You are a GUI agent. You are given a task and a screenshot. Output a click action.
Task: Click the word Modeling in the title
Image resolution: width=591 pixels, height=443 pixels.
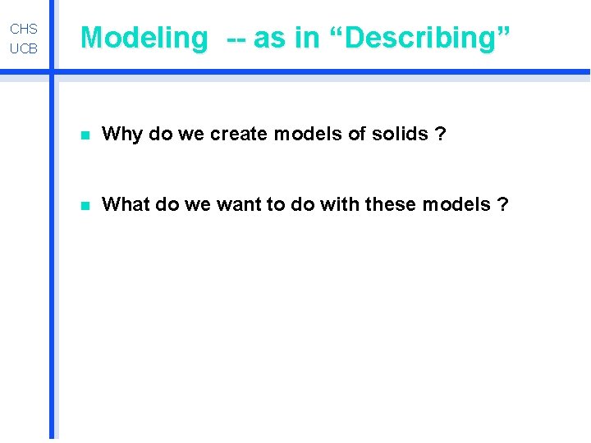pos(144,38)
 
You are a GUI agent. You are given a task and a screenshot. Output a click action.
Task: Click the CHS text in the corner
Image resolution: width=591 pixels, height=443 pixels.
pos(24,29)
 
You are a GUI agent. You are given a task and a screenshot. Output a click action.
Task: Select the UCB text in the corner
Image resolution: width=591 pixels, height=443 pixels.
pos(24,49)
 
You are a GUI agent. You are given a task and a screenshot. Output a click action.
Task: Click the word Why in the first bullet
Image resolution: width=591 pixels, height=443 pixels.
pos(122,134)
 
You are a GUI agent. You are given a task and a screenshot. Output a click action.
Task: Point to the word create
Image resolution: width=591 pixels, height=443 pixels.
pos(238,134)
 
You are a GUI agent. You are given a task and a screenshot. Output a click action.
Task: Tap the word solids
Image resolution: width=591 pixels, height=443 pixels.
pos(399,134)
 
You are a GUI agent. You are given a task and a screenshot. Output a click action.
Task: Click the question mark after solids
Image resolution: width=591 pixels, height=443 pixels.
pos(442,134)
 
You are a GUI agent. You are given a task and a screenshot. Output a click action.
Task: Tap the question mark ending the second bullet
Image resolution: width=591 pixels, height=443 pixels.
pos(502,203)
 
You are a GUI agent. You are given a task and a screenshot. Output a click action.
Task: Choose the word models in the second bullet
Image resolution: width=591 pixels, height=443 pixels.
pos(455,203)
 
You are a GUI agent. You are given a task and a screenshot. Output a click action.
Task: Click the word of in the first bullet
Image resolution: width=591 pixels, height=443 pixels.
pos(355,134)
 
